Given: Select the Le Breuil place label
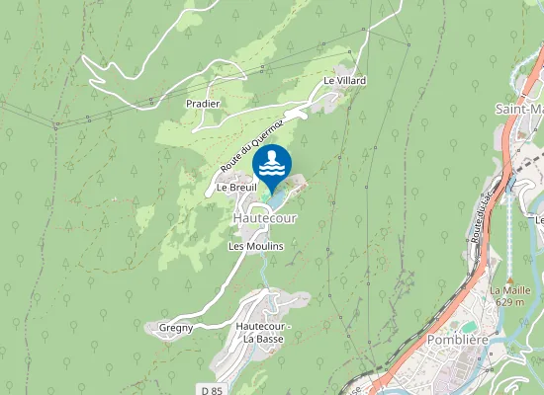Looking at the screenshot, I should pyautogui.click(x=237, y=187).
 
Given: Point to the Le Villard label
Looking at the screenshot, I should pyautogui.click(x=344, y=80).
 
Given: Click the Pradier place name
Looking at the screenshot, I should pyautogui.click(x=202, y=103).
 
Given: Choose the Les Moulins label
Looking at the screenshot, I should pyautogui.click(x=256, y=246).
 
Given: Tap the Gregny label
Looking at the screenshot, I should pyautogui.click(x=177, y=326).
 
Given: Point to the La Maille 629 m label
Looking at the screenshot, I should pyautogui.click(x=509, y=296).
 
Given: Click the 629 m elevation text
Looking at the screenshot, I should pyautogui.click(x=509, y=302).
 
